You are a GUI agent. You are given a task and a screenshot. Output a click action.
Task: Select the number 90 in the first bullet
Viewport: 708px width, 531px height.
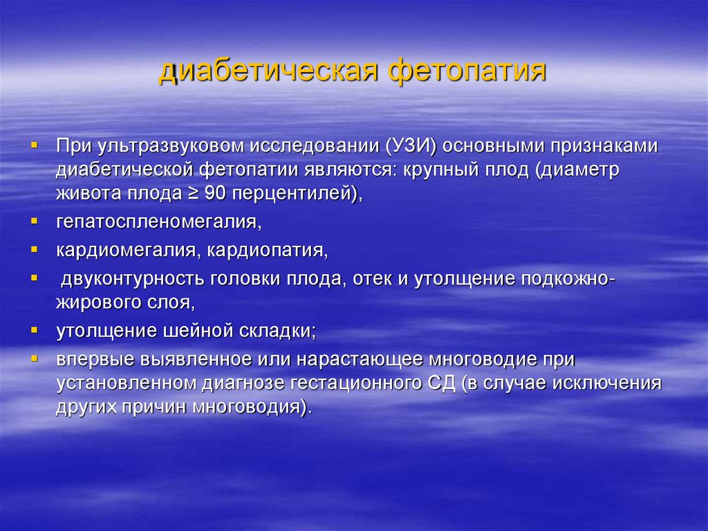click(215, 195)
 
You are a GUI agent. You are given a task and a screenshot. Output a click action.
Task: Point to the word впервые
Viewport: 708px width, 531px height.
click(97, 359)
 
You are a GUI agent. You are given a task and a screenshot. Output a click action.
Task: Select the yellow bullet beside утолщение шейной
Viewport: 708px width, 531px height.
click(33, 330)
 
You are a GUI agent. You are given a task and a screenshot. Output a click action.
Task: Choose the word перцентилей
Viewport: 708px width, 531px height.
click(292, 195)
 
